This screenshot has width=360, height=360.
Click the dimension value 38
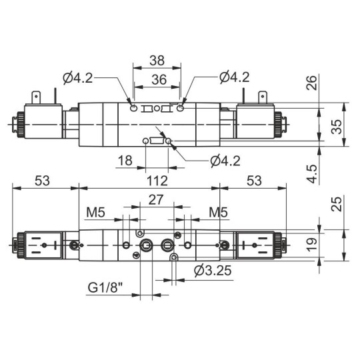(x=157, y=59)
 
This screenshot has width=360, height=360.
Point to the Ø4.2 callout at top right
(x=234, y=78)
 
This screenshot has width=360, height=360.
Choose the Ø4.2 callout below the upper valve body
(x=225, y=160)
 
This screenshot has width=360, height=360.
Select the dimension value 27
(x=156, y=200)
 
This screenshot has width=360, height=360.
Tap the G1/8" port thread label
(x=106, y=288)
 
